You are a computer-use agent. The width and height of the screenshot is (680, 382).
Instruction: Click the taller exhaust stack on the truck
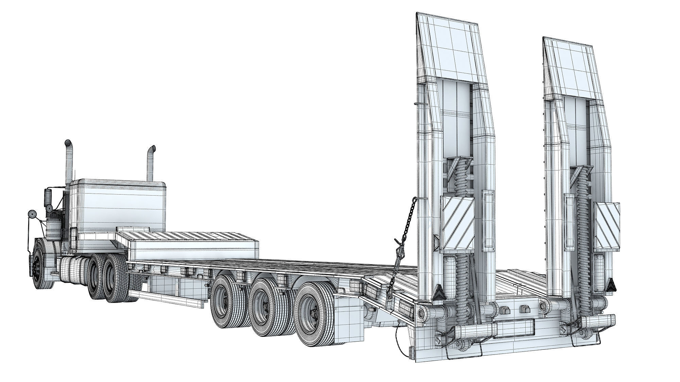pyautogui.click(x=69, y=163)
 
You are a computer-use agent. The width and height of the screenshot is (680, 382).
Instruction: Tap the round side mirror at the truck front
pyautogui.click(x=32, y=214)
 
